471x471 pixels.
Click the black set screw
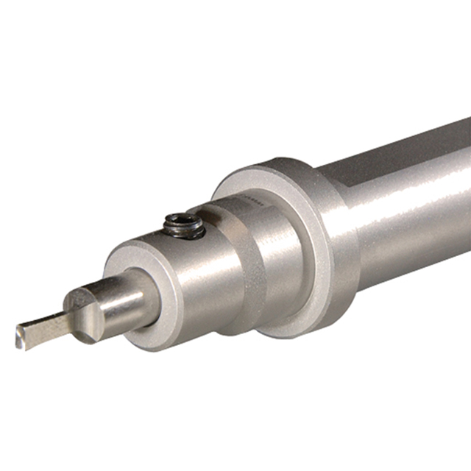pyautogui.click(x=185, y=225)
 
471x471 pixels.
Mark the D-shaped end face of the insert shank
pyautogui.click(x=81, y=312)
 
